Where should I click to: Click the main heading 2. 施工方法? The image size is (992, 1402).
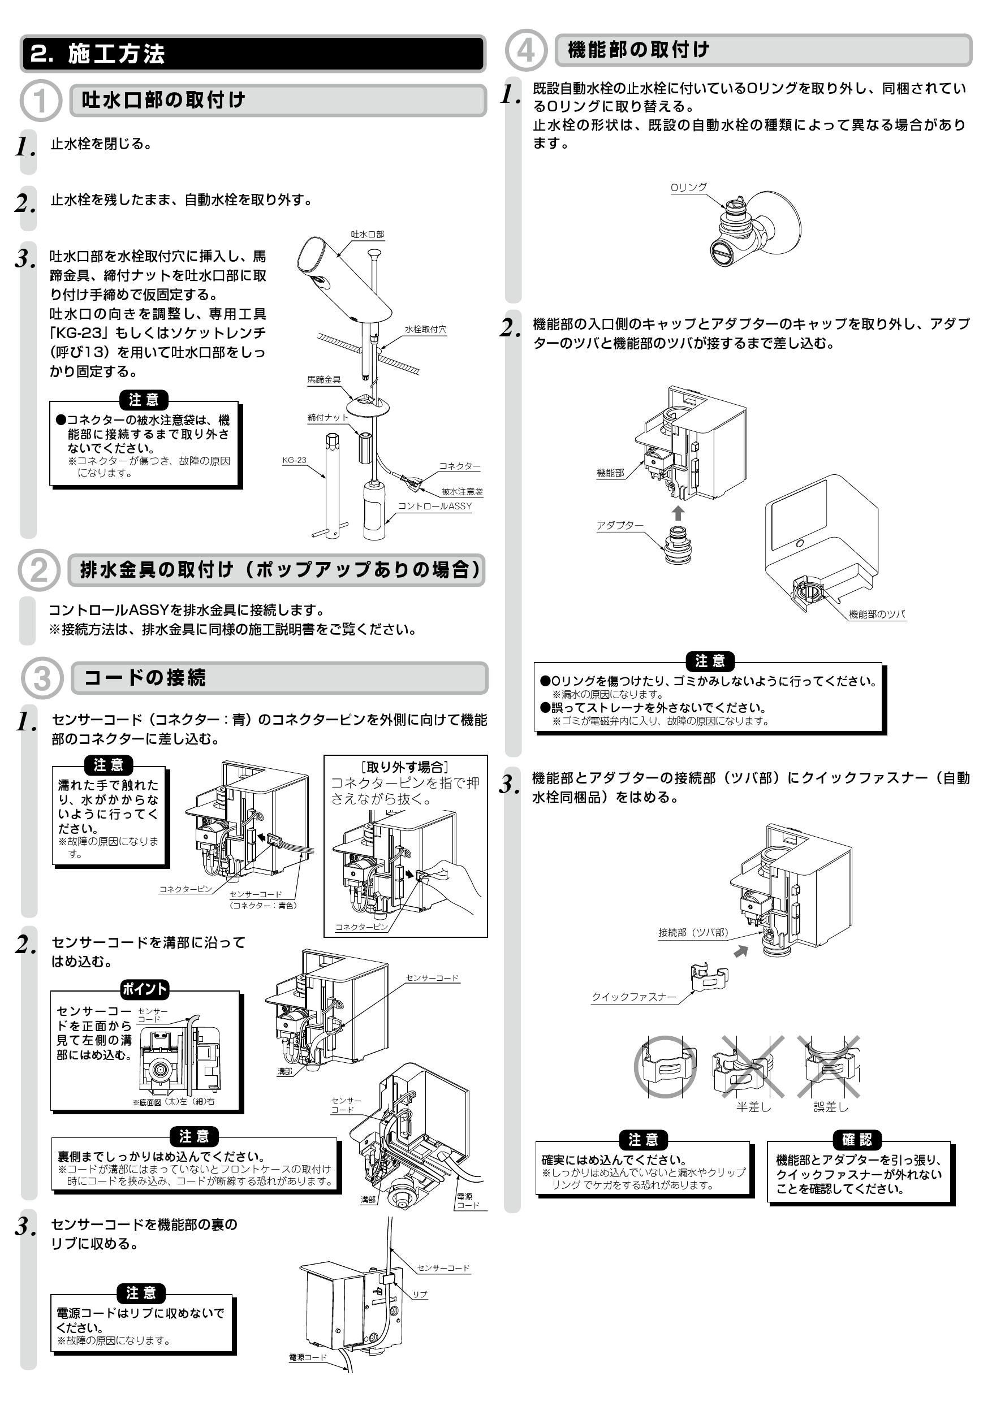point(98,54)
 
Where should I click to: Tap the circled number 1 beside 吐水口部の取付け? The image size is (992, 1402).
point(40,101)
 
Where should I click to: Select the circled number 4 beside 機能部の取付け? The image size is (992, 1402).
point(526,50)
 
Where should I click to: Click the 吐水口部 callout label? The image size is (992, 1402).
point(367,235)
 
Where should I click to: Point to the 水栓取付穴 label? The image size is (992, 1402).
point(425,330)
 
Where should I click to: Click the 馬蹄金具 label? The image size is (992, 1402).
point(324,380)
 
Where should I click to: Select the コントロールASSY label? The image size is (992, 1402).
point(434,506)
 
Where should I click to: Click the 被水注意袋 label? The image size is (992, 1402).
point(462,492)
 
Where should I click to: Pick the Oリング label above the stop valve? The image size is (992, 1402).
point(688,188)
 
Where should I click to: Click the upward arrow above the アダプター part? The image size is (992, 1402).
point(678,512)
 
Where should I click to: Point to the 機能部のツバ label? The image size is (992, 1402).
point(877,615)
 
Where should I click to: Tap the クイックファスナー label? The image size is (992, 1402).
point(633,997)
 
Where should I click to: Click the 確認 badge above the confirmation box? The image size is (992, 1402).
point(857,1140)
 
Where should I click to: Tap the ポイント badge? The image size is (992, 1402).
point(144,989)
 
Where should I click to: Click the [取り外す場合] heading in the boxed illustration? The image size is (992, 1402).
point(405,768)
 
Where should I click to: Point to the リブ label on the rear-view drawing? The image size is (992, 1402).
point(420,1295)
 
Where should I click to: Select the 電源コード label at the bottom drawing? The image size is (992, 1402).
point(307,1357)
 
